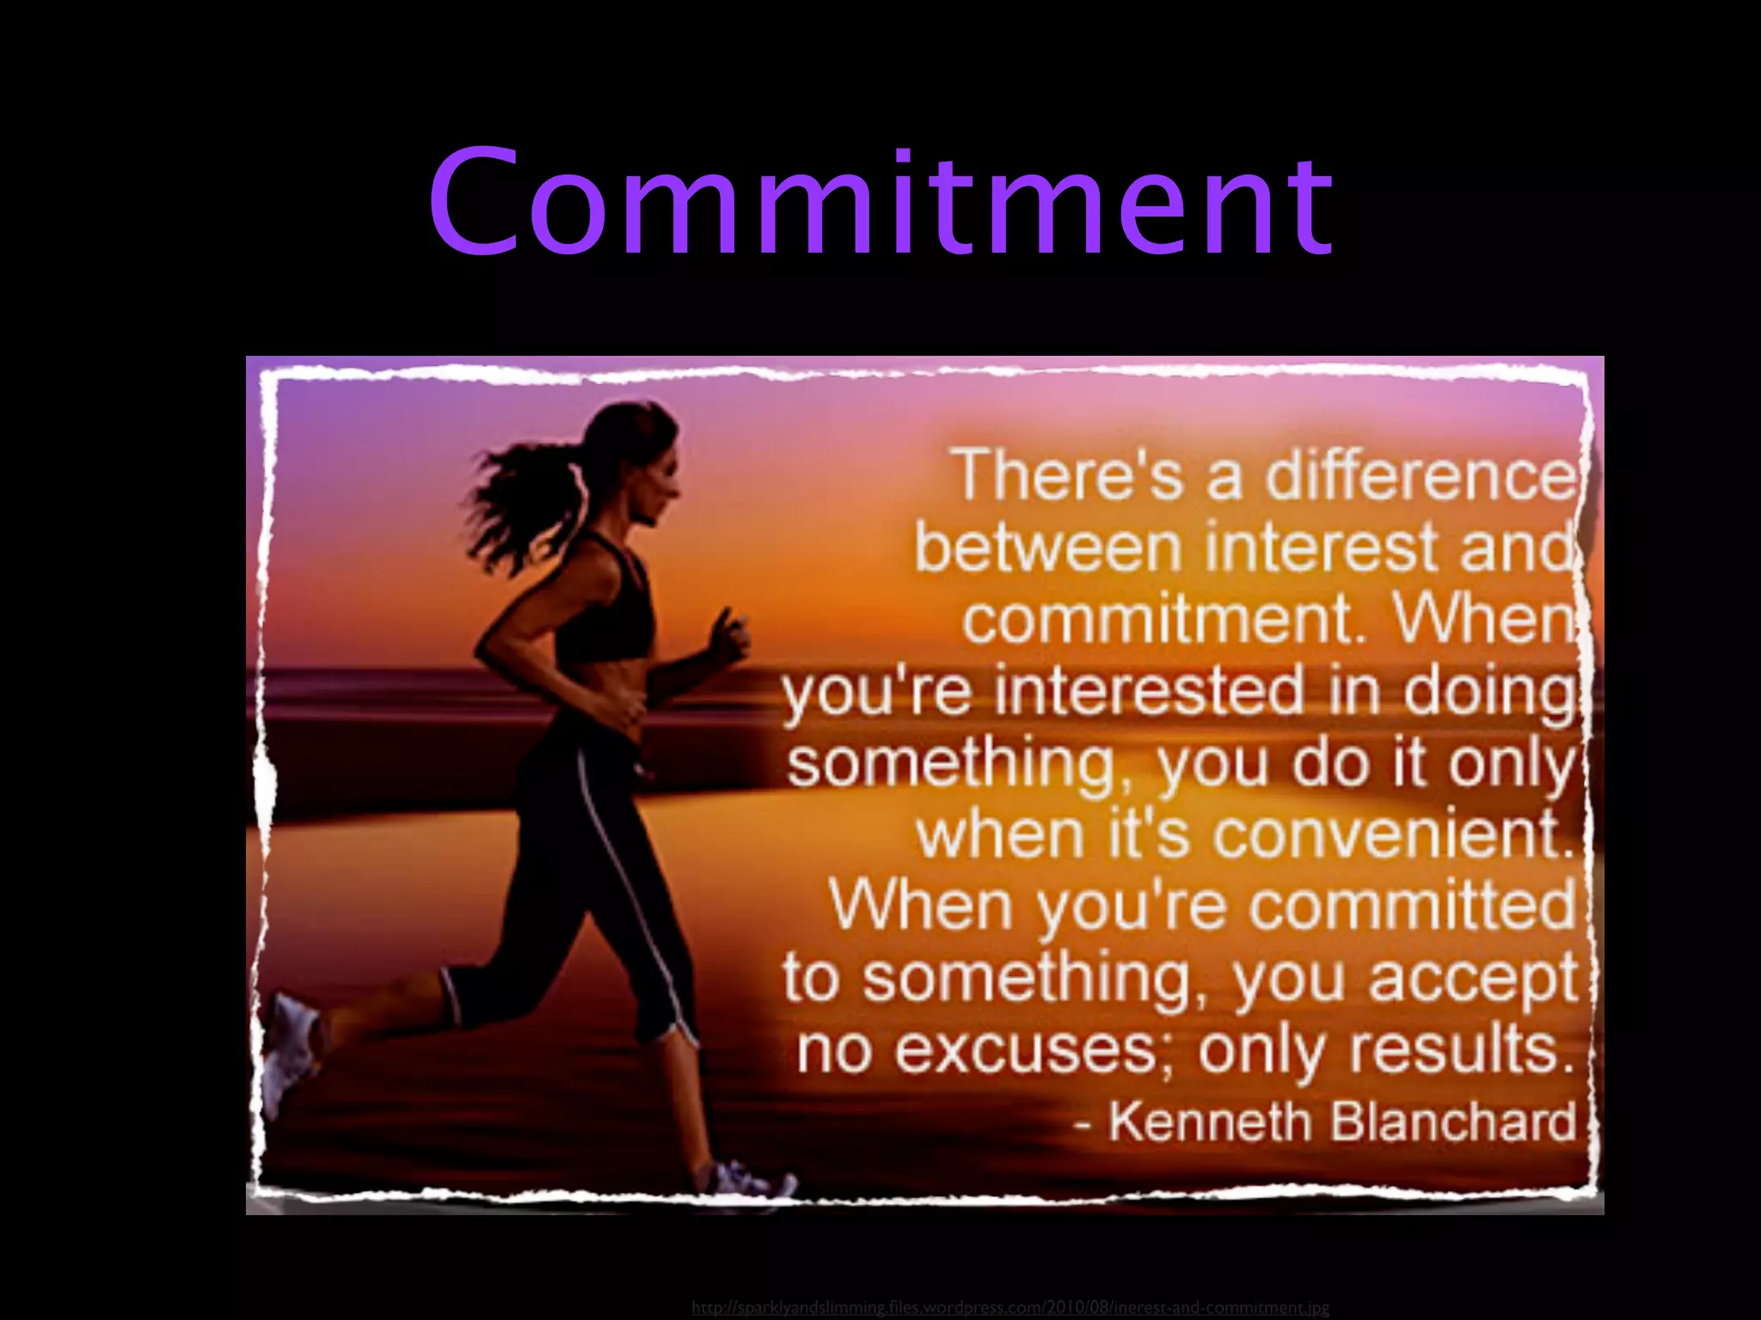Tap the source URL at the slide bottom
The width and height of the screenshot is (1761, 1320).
tap(1009, 1308)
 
